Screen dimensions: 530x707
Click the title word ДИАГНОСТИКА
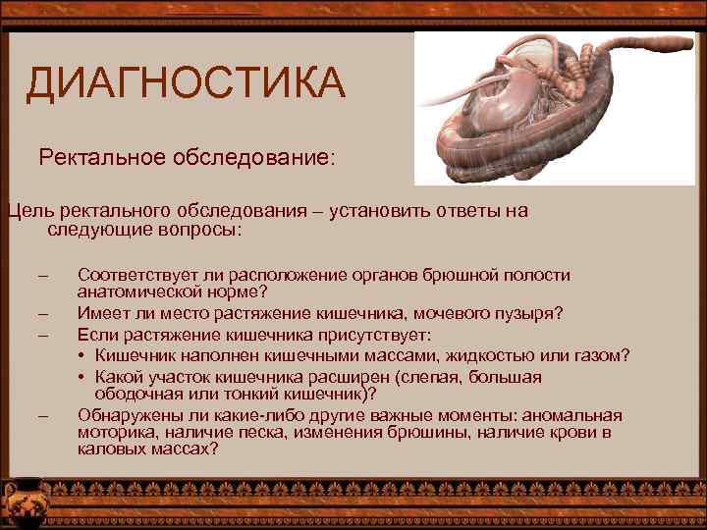coord(186,83)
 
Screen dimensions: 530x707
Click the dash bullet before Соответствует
coord(42,276)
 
